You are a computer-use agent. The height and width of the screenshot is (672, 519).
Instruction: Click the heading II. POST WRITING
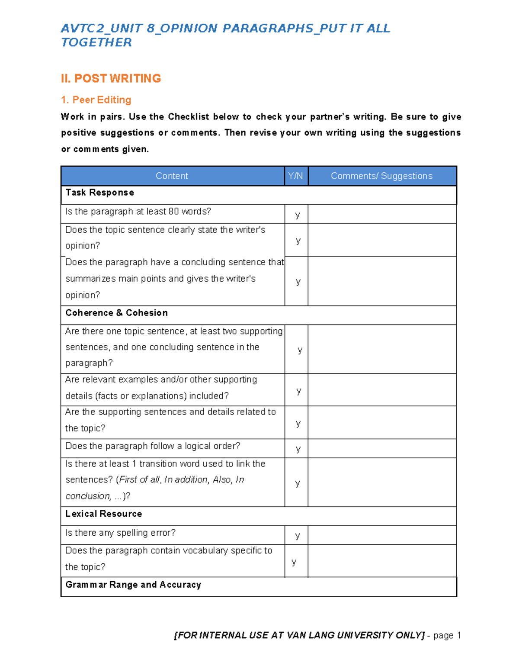[111, 78]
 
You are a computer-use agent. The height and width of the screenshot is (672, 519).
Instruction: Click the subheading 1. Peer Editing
[96, 100]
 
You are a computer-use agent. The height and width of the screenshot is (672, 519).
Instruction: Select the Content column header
[172, 176]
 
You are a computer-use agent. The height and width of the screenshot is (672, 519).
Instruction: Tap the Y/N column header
[296, 176]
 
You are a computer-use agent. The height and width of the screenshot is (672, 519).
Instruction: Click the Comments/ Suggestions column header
[381, 176]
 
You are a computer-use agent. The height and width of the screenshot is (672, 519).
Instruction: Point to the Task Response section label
[99, 193]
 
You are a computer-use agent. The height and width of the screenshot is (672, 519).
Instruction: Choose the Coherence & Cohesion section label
[116, 313]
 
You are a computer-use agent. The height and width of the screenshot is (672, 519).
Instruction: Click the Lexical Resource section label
[103, 514]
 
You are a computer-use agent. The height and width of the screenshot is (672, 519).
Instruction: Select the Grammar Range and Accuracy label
[133, 585]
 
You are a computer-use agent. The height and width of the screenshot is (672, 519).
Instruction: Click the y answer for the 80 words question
[298, 215]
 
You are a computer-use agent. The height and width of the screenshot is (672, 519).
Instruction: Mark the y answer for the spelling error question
[298, 536]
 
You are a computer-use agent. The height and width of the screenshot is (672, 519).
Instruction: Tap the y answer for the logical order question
[298, 449]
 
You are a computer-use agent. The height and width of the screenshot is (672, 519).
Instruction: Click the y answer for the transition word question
[298, 483]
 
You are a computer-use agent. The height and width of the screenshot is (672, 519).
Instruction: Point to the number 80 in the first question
[173, 212]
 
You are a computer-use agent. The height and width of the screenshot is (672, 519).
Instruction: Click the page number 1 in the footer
[459, 636]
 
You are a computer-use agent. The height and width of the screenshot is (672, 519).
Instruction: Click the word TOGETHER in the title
[96, 42]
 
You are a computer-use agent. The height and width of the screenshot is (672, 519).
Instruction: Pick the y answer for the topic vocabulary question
[294, 562]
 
